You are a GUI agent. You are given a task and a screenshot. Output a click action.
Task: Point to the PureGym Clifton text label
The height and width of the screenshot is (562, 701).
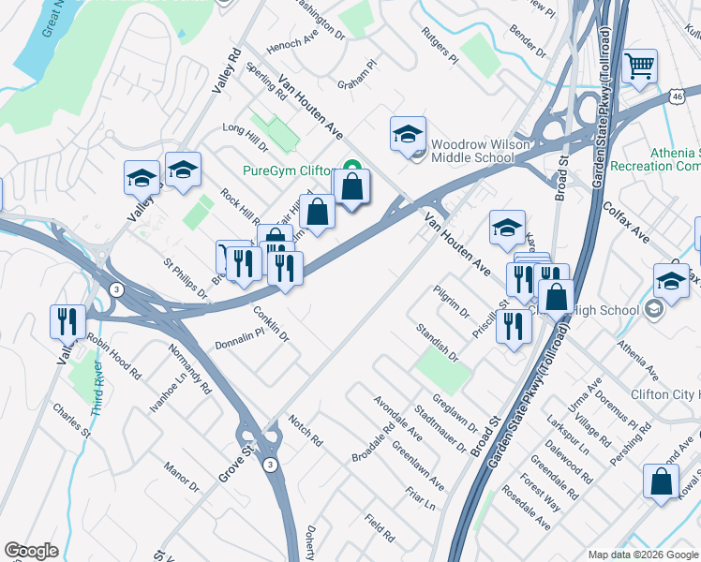point(290,170)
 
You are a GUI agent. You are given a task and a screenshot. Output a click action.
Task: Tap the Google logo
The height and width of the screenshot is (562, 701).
point(32,551)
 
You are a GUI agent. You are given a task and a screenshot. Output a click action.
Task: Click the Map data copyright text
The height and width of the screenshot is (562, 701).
point(643,555)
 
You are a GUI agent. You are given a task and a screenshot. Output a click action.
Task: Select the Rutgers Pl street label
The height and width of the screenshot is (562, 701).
point(439,45)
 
